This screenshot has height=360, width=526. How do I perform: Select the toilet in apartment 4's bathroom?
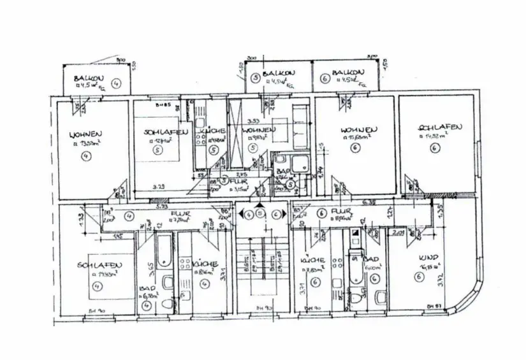click(166, 284)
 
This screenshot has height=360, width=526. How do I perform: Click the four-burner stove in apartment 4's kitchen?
click(185, 263)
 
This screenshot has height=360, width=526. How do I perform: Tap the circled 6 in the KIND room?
click(418, 277)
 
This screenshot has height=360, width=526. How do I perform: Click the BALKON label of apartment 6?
click(348, 73)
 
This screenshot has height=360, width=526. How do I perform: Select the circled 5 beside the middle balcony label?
click(255, 78)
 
